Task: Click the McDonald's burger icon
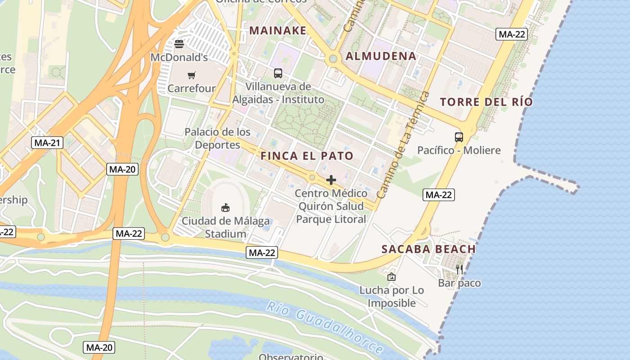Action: point(179,44)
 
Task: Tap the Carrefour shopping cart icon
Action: point(192,75)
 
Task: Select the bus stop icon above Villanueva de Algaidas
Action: point(278,73)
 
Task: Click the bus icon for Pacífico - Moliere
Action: point(459,137)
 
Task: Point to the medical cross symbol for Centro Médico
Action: point(331,180)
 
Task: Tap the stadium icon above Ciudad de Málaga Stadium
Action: point(225,207)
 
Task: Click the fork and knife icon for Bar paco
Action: point(459,269)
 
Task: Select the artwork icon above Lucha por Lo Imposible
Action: point(391,277)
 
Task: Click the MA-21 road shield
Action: point(47,143)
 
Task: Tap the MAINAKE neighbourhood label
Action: point(278,31)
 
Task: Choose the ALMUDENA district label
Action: point(381,56)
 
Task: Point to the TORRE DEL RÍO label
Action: point(486,102)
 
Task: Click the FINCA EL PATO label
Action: point(307,156)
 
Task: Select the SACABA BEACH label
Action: point(428,249)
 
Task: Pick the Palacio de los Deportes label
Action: point(218,138)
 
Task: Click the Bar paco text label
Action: point(459,283)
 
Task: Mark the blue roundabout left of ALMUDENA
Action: point(333,58)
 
